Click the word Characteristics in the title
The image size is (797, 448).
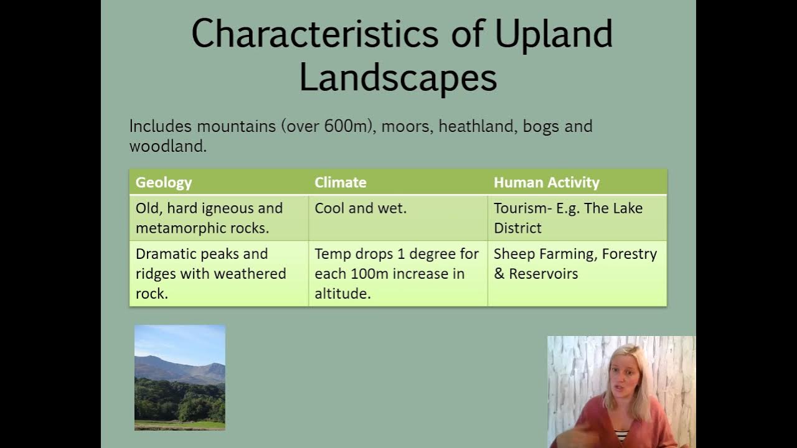(315, 34)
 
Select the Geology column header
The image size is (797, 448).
(164, 182)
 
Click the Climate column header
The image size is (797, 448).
(341, 182)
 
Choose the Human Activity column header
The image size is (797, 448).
(547, 182)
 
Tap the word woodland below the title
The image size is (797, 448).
(168, 146)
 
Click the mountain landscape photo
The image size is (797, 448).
(180, 377)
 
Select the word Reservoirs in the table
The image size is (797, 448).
(544, 274)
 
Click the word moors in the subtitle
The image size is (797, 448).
(407, 126)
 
